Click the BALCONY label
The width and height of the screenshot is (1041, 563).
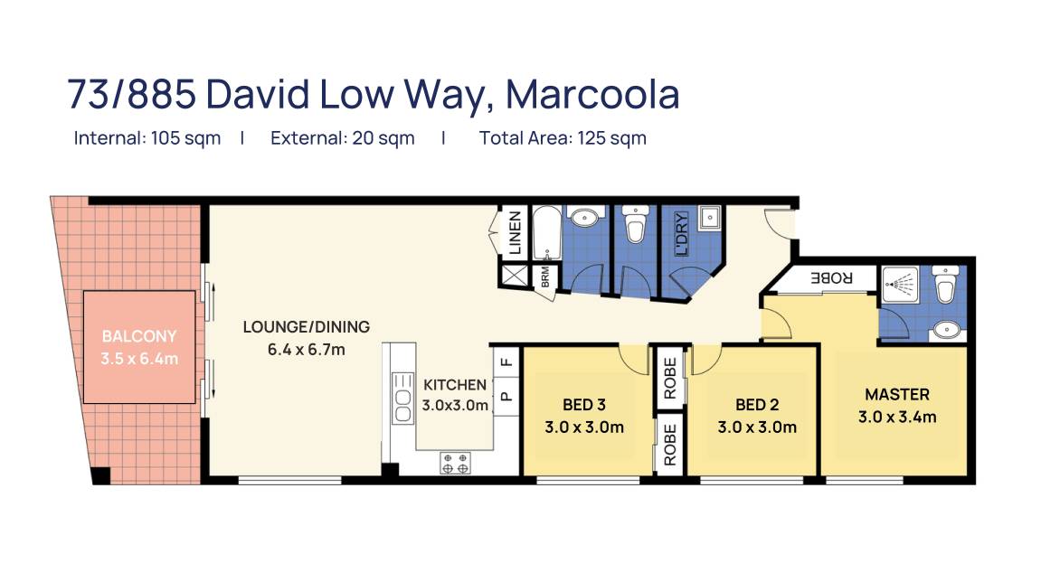[139, 336]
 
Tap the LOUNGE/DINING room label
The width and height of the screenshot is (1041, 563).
[306, 327]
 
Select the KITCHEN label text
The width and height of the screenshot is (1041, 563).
[455, 385]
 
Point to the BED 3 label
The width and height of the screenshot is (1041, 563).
[584, 405]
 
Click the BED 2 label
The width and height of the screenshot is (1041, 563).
[757, 405]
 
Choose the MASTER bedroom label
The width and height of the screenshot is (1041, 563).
[897, 395]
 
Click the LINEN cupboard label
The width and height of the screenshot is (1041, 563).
[515, 233]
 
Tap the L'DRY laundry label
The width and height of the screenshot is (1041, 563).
[681, 234]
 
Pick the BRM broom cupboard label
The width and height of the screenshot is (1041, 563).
[545, 277]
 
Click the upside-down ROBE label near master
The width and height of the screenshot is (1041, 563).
[831, 277]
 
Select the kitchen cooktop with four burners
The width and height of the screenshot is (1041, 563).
[456, 464]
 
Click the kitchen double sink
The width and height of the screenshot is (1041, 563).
[403, 398]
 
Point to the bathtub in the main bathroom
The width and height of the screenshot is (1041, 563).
[547, 234]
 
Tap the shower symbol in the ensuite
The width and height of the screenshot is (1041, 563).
[901, 285]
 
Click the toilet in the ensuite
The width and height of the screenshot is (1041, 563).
[945, 283]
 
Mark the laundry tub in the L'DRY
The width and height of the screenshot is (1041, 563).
[709, 217]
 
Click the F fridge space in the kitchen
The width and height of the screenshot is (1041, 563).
[506, 362]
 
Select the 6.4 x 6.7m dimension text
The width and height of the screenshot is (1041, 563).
[306, 350]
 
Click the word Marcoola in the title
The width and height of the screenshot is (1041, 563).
[592, 94]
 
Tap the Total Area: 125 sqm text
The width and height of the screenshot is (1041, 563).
[563, 138]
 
